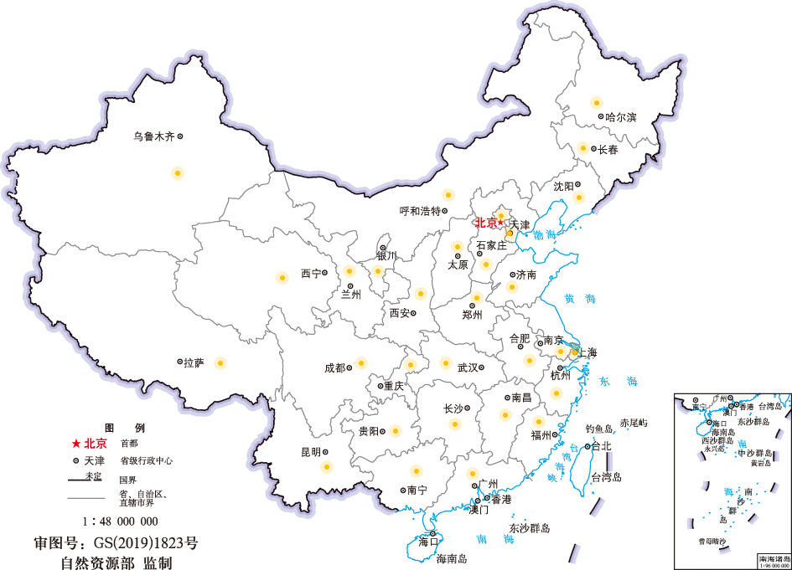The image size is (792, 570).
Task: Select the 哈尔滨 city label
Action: pyautogui.click(x=621, y=117)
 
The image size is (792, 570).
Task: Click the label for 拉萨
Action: pyautogui.click(x=194, y=362)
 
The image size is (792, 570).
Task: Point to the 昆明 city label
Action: pyautogui.click(x=310, y=452)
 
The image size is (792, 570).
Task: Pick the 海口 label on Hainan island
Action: pyautogui.click(x=428, y=542)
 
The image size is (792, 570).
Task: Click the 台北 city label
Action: pyautogui.click(x=601, y=446)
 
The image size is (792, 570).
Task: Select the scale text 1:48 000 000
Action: pyautogui.click(x=125, y=520)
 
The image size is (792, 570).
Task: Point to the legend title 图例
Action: pyautogui.click(x=124, y=427)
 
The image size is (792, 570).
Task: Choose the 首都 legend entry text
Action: pyautogui.click(x=129, y=444)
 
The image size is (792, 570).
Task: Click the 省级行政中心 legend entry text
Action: pyautogui.click(x=147, y=460)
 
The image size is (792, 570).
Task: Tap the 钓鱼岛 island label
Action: pyautogui.click(x=601, y=429)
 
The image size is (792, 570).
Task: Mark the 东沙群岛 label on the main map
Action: pyautogui.click(x=529, y=528)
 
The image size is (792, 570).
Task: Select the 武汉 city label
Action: pyautogui.click(x=467, y=367)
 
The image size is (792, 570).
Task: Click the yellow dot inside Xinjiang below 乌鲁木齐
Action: pyautogui.click(x=177, y=173)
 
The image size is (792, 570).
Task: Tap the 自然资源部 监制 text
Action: pyautogui.click(x=116, y=562)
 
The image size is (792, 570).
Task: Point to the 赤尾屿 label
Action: pyautogui.click(x=634, y=424)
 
